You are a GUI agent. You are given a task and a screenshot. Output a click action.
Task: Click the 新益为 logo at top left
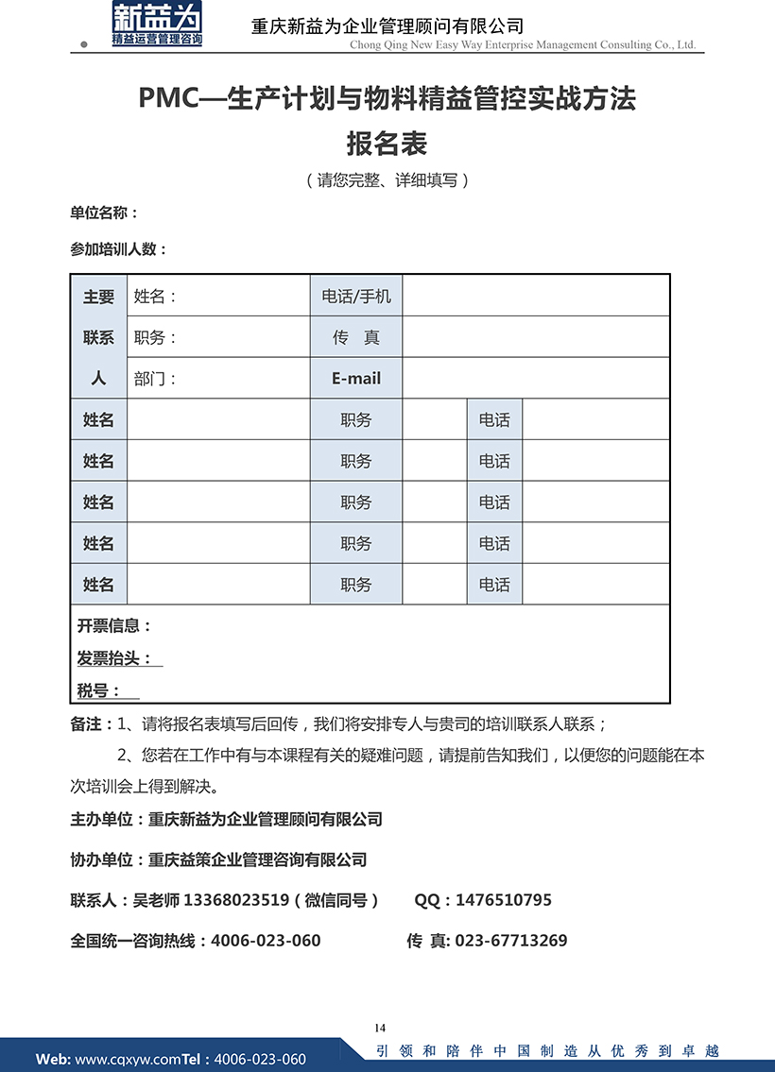click(157, 25)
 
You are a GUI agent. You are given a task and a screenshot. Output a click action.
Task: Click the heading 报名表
click(387, 144)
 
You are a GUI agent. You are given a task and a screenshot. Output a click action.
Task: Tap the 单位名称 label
click(104, 213)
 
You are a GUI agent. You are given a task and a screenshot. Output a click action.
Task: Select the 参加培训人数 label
click(118, 249)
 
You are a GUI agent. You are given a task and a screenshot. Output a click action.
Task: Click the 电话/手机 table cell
click(355, 297)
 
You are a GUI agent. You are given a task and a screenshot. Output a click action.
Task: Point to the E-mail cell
click(355, 378)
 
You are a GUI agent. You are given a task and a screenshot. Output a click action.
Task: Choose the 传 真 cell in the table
click(355, 337)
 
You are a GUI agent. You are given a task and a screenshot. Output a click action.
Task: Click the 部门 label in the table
click(155, 379)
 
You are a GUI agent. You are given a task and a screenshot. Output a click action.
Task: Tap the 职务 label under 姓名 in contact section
click(155, 337)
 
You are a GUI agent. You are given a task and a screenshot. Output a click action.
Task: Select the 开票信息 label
click(113, 625)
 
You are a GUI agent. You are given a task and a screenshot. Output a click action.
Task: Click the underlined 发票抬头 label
click(114, 658)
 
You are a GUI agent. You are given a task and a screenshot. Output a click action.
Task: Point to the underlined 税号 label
click(98, 691)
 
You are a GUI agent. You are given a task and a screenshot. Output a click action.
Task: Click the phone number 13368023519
click(236, 900)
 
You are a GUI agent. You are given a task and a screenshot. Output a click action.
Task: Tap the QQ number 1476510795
click(503, 900)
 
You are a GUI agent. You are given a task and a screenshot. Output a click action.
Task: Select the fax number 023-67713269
click(511, 941)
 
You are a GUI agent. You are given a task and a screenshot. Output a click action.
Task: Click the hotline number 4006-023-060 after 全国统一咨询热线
click(266, 941)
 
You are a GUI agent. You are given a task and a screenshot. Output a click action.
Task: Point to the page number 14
click(381, 1028)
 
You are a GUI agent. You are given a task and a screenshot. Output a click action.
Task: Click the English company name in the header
click(522, 44)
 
